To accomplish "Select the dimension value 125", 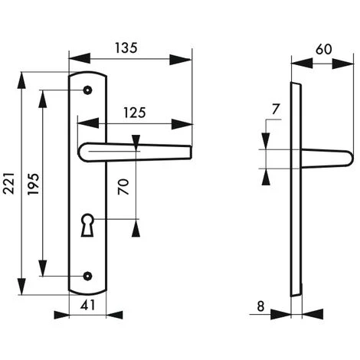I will coord(135,112).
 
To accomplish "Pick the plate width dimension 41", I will coord(89,305).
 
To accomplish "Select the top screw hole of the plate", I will coord(89,90).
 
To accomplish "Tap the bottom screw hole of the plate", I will coord(89,275).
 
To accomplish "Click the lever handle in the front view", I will coord(138,152).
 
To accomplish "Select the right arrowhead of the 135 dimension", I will coord(187,58).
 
